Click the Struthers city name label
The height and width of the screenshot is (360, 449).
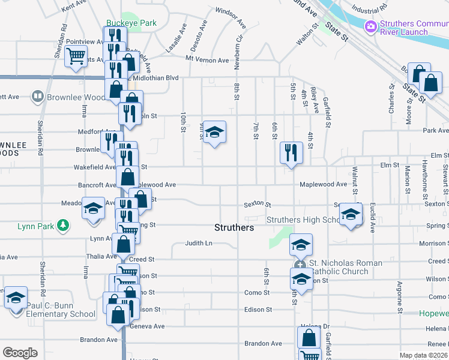[234, 228]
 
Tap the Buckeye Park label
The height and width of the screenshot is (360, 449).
[131, 23]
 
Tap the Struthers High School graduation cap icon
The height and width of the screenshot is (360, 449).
[351, 214]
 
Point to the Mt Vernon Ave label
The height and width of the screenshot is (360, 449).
[207, 60]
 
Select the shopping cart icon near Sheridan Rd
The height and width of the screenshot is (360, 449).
[76, 56]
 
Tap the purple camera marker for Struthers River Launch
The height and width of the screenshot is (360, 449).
[370, 26]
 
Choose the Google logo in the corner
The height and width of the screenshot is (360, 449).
[20, 353]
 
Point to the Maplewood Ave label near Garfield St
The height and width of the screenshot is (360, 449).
[324, 184]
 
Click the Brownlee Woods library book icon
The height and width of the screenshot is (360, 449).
[37, 96]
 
